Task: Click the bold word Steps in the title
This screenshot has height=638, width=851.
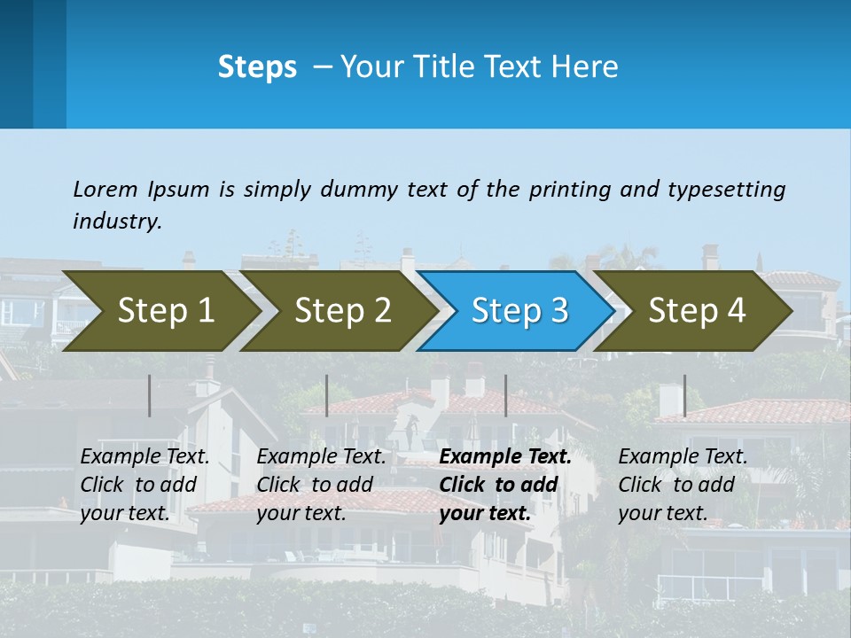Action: tap(257, 67)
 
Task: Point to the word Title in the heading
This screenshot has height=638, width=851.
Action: tap(444, 67)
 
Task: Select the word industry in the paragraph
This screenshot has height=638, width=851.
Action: tap(117, 222)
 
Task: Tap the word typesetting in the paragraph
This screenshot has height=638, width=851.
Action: tap(726, 190)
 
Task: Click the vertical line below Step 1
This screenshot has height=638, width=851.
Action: tap(150, 395)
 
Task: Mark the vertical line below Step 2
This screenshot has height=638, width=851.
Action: tap(327, 395)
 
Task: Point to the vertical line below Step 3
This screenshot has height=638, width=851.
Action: tap(506, 395)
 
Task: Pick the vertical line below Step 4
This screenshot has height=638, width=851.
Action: tap(684, 395)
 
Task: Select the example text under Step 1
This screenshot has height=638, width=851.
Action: tap(144, 485)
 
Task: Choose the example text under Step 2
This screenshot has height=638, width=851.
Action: tap(321, 485)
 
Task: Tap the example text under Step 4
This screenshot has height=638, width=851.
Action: tap(683, 485)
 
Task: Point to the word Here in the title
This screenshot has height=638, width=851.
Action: tap(584, 67)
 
